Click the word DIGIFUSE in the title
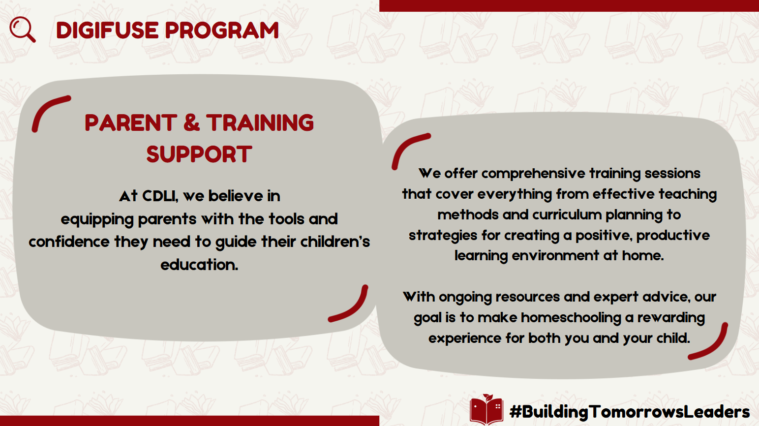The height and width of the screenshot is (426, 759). click(x=107, y=30)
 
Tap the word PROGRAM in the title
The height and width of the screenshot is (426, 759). click(x=222, y=30)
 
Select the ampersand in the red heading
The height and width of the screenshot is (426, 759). click(x=192, y=122)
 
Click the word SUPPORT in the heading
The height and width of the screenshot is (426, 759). click(x=199, y=154)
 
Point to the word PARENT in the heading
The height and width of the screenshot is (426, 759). click(x=131, y=122)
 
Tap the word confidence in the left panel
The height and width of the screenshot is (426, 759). click(x=69, y=242)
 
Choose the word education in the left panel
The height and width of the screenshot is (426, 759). click(x=199, y=265)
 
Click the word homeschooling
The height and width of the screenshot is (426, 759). click(x=571, y=318)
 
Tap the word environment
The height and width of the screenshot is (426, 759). click(x=555, y=255)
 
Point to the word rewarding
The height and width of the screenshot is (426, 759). click(x=671, y=318)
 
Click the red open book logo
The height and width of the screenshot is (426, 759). click(x=486, y=409)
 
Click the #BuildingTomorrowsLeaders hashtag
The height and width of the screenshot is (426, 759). click(x=629, y=412)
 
